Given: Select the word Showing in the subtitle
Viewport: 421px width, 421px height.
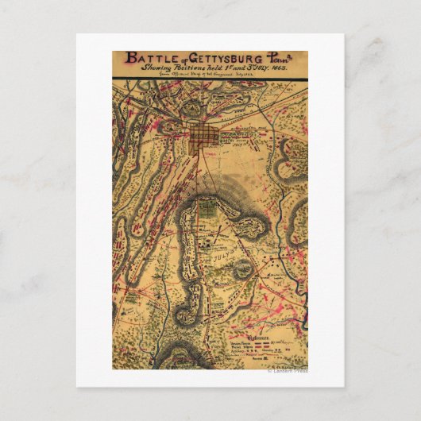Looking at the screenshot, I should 158,69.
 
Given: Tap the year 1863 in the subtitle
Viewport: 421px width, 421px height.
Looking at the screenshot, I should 279,69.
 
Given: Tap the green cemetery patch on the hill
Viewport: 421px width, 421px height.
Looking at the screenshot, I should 206,209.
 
